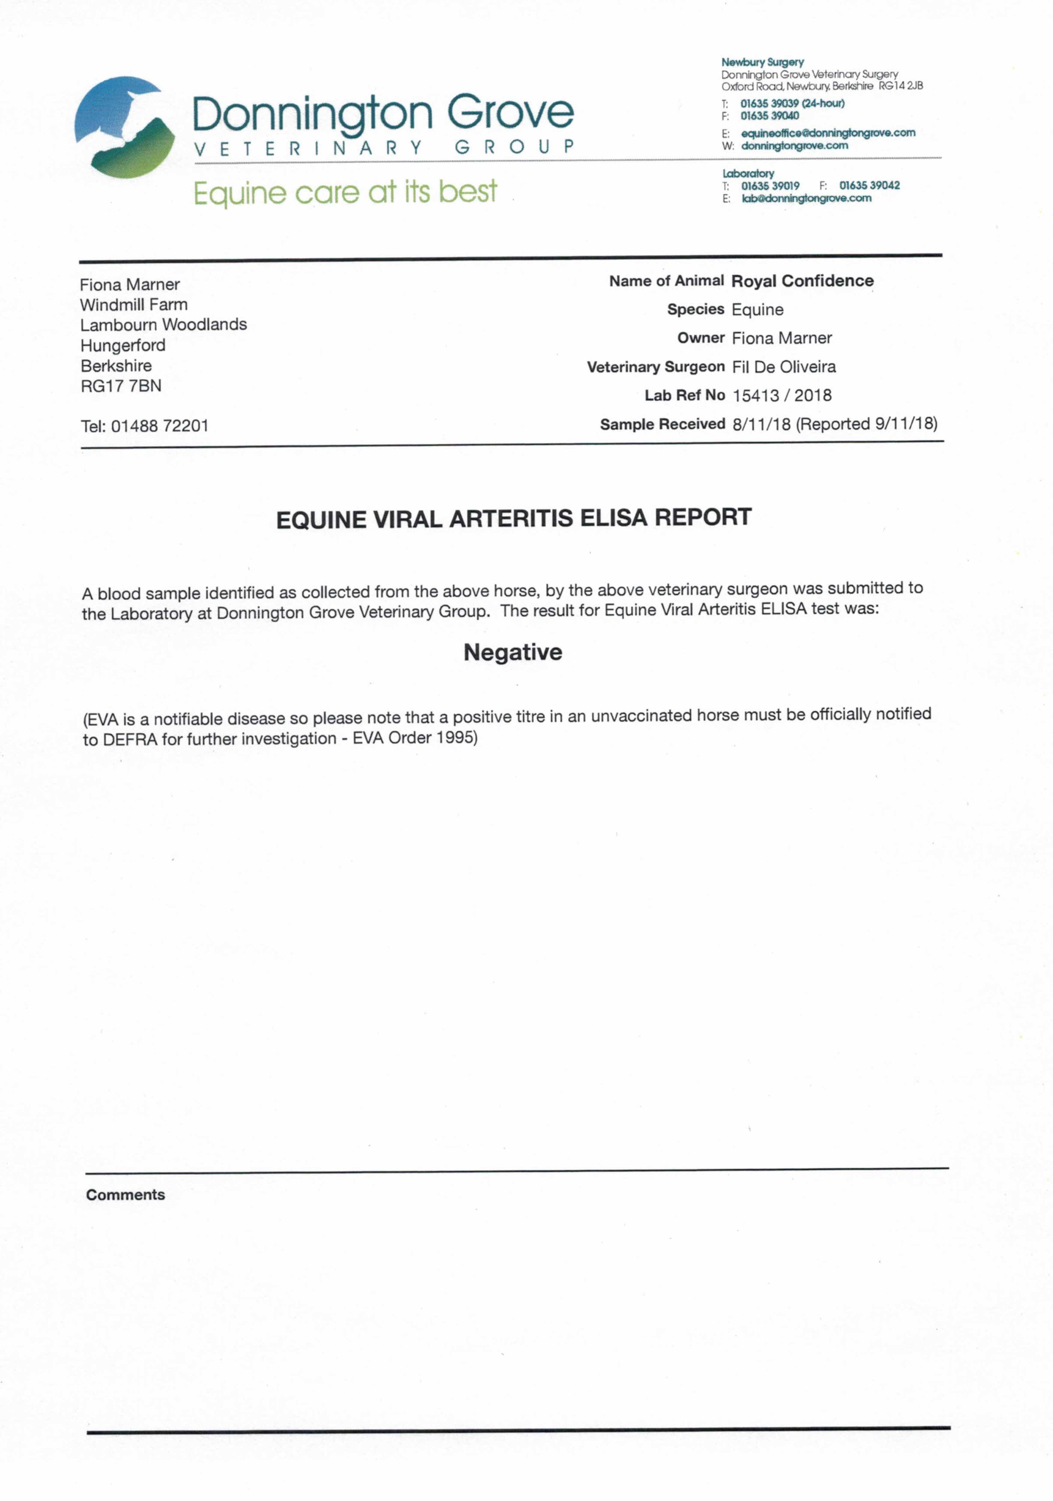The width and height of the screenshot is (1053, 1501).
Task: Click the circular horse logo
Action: coord(124,128)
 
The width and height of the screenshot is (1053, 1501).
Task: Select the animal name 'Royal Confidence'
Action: coord(802,281)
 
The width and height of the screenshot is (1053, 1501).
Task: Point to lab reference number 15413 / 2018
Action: coord(781,396)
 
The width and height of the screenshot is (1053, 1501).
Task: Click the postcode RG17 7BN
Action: coord(121,386)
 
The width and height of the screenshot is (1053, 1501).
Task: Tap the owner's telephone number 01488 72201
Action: coord(159,426)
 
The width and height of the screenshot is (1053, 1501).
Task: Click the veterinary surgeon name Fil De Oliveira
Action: coord(784,367)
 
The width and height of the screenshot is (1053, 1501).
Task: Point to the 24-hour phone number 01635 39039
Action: coord(769,103)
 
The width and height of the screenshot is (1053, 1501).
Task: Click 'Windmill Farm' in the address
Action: coord(133,305)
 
